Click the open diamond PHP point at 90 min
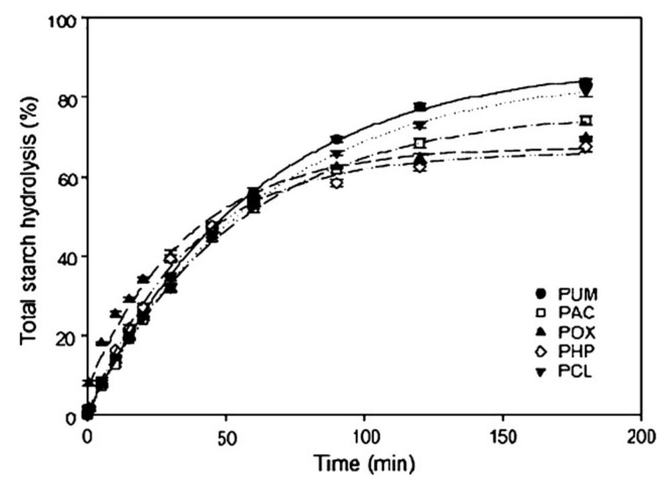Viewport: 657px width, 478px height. pyautogui.click(x=337, y=183)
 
